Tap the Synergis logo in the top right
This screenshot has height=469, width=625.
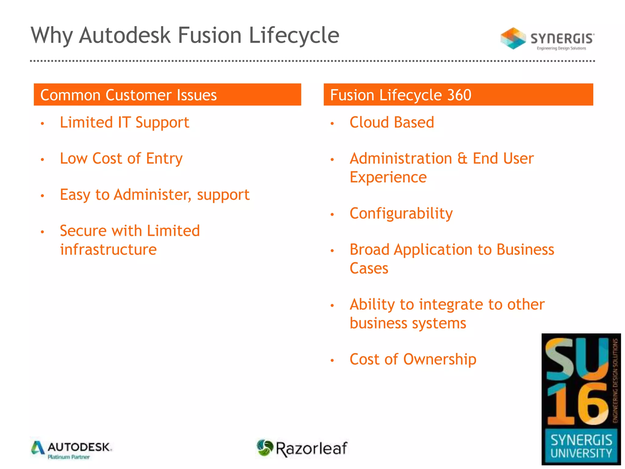click(x=547, y=39)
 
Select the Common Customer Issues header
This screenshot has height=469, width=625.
click(x=128, y=95)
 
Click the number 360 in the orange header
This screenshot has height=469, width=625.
click(x=459, y=95)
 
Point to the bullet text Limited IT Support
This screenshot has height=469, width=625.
click(x=124, y=123)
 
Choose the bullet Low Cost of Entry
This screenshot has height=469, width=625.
click(x=121, y=159)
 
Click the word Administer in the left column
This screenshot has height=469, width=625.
click(x=152, y=195)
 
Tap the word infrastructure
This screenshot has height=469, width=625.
click(x=108, y=250)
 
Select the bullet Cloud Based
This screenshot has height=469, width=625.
click(x=392, y=123)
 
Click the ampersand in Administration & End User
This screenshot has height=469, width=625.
click(x=462, y=159)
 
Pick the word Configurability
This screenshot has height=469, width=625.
click(x=401, y=214)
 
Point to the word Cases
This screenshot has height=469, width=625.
click(x=369, y=269)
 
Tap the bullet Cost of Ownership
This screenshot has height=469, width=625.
click(x=413, y=359)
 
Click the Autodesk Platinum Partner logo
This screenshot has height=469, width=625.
click(x=71, y=450)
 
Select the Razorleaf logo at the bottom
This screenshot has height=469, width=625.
click(x=302, y=448)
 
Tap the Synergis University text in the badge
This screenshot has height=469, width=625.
click(x=581, y=446)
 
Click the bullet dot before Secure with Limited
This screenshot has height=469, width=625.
click(x=42, y=232)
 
